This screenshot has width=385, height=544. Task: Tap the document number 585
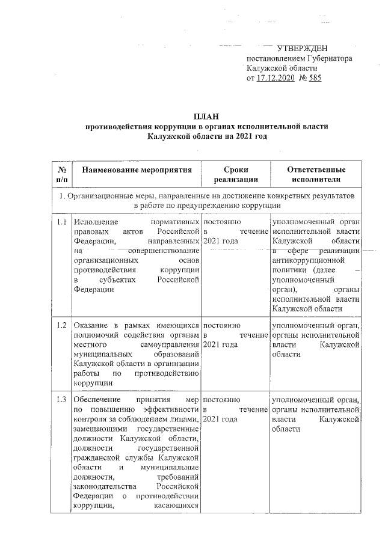point(314,79)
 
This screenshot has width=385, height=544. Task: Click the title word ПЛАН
point(206,115)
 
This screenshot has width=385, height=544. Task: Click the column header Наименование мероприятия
point(137,170)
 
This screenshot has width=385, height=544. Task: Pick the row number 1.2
point(61,326)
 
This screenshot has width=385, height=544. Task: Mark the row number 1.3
point(61,400)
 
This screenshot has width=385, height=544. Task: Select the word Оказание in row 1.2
point(90,326)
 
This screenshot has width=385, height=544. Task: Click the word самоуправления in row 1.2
point(170,345)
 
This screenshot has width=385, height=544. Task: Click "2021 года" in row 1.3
point(221,419)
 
